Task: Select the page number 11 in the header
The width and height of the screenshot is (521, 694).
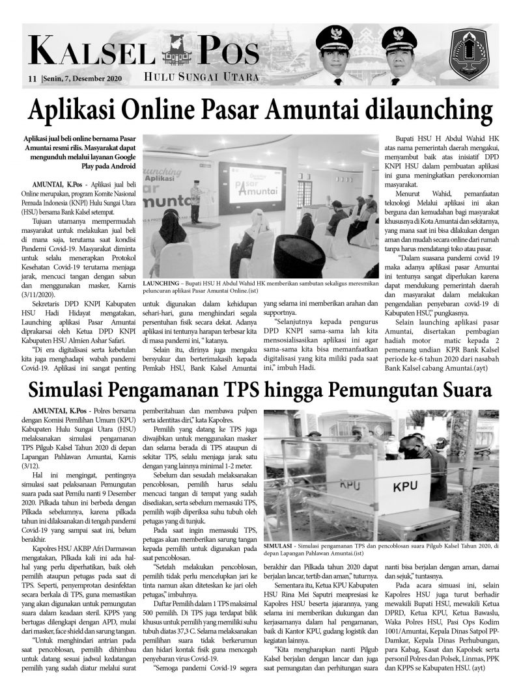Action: pyautogui.click(x=31, y=79)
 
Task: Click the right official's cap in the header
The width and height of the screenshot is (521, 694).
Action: pyautogui.click(x=399, y=40)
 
